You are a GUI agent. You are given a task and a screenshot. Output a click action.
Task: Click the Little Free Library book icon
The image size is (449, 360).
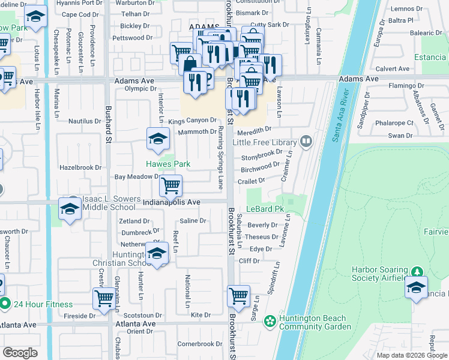306,142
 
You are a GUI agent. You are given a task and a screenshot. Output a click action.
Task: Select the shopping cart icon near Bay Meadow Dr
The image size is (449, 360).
171,186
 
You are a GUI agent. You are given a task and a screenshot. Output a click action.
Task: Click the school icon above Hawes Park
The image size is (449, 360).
157,139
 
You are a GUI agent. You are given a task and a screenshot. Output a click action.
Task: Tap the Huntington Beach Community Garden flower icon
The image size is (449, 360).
270,322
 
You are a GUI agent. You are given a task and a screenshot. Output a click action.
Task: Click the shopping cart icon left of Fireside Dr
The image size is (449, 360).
104,299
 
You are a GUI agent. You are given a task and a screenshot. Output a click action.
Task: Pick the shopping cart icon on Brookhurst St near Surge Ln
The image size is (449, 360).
239,296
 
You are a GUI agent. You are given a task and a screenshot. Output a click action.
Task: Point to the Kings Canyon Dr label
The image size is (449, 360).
192,121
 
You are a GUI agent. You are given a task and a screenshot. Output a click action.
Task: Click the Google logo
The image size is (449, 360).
20,353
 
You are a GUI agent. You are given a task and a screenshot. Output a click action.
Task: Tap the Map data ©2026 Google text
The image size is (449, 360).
411,355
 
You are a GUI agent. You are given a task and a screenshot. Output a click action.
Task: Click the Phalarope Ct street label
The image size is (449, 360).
393,123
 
